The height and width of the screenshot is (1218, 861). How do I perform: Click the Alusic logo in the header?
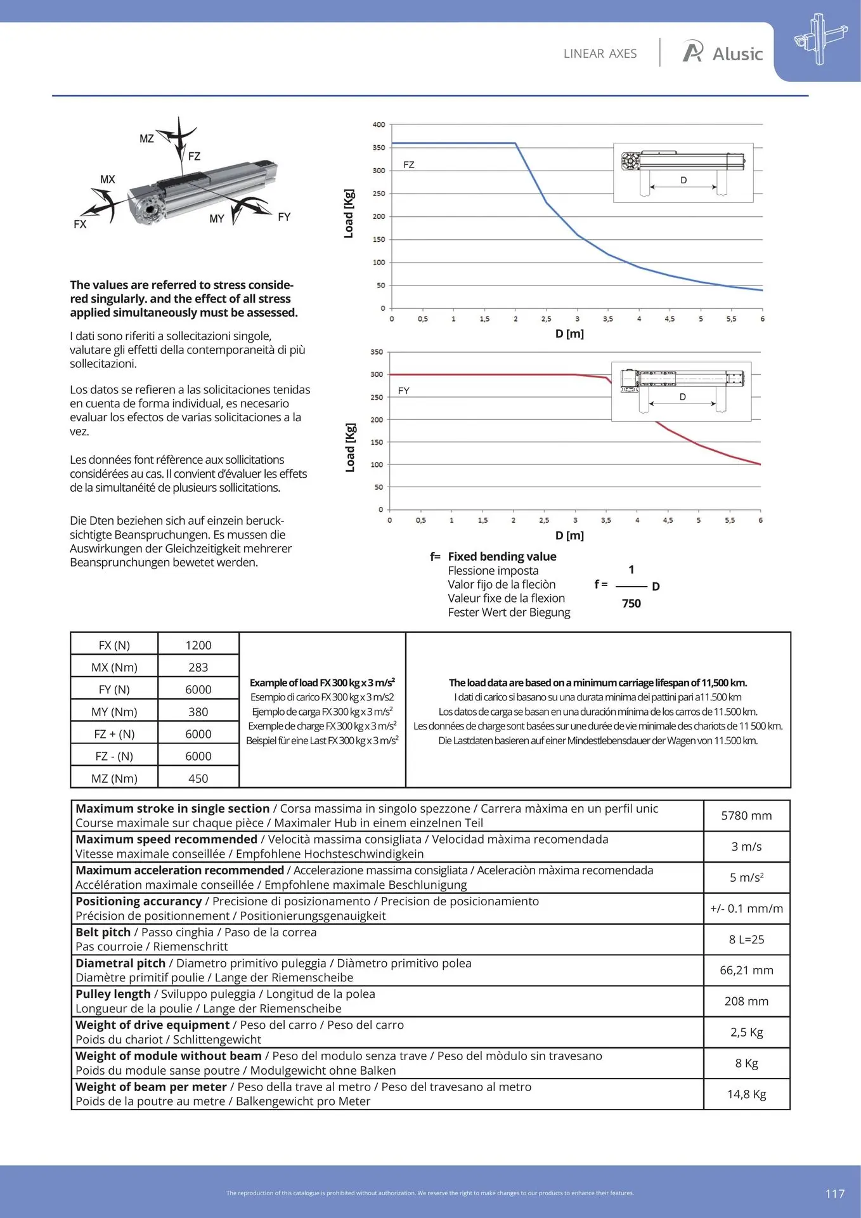(722, 53)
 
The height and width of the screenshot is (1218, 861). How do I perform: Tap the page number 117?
(834, 1193)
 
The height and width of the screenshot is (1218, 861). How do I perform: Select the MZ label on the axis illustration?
(146, 138)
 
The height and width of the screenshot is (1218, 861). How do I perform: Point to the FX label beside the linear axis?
(80, 224)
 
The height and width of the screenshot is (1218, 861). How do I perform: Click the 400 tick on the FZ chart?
(379, 124)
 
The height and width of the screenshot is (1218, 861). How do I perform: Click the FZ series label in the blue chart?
(409, 165)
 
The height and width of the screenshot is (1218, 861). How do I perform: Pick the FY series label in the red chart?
(404, 391)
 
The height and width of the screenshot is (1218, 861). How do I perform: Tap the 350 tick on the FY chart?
(377, 351)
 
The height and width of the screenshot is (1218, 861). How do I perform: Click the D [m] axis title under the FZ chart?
(569, 334)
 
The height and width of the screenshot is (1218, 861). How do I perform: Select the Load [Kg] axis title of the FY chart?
(350, 447)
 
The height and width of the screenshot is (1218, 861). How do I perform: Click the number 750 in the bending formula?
(631, 603)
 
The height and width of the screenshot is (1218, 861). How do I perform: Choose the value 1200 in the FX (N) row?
(198, 645)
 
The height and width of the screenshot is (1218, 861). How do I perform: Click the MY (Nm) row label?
(114, 712)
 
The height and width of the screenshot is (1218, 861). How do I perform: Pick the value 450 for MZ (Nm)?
(198, 778)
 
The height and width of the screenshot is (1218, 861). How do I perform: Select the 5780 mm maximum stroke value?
(747, 816)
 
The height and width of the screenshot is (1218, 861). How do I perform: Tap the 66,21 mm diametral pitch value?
(747, 971)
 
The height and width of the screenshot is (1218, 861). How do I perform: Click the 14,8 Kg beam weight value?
(747, 1094)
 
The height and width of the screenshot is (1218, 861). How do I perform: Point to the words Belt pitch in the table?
(103, 933)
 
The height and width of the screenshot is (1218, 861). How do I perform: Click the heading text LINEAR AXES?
(600, 54)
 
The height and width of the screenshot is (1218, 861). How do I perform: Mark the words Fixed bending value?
(502, 556)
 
